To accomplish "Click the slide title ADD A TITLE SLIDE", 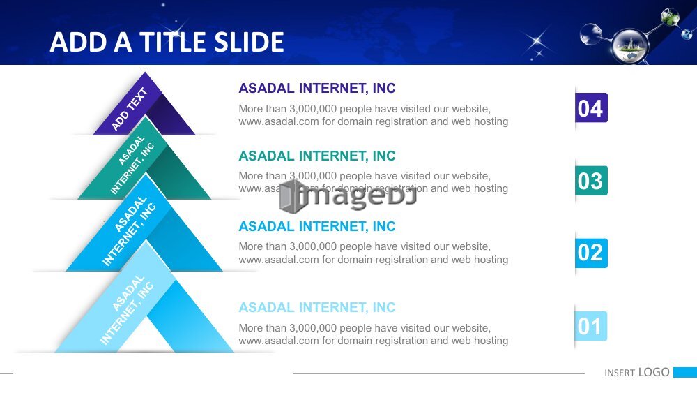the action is click(167, 43).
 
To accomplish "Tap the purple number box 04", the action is click(591, 107).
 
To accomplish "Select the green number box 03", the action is click(591, 180).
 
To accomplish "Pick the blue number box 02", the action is click(591, 253).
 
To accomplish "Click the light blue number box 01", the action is click(591, 326).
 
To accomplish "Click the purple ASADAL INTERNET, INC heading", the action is click(317, 88).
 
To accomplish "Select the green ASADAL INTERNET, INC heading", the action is click(317, 156).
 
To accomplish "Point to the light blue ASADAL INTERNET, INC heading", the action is click(317, 307).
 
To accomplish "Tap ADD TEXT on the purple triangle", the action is click(129, 110).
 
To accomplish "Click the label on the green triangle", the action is click(132, 165).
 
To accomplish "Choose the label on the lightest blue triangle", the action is click(127, 310).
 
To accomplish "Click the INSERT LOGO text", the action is click(636, 372).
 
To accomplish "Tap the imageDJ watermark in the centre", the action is click(348, 196).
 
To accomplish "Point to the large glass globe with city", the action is click(629, 46).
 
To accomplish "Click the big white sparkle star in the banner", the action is click(537, 41).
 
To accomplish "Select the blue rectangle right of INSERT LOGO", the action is click(685, 372).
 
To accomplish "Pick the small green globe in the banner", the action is click(670, 17).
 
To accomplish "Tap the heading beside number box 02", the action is click(317, 226).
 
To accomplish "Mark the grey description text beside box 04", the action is click(374, 115).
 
